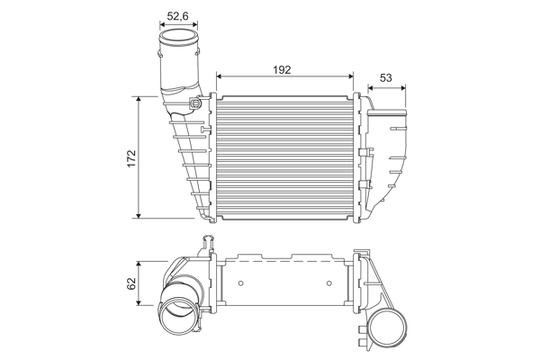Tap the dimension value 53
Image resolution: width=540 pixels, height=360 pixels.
tap(385, 78)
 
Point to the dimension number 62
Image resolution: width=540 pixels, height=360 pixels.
tap(131, 283)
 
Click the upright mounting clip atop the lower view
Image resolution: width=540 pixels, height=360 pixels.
tap(210, 242)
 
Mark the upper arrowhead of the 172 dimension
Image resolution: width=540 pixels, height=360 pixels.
tap(139, 98)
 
